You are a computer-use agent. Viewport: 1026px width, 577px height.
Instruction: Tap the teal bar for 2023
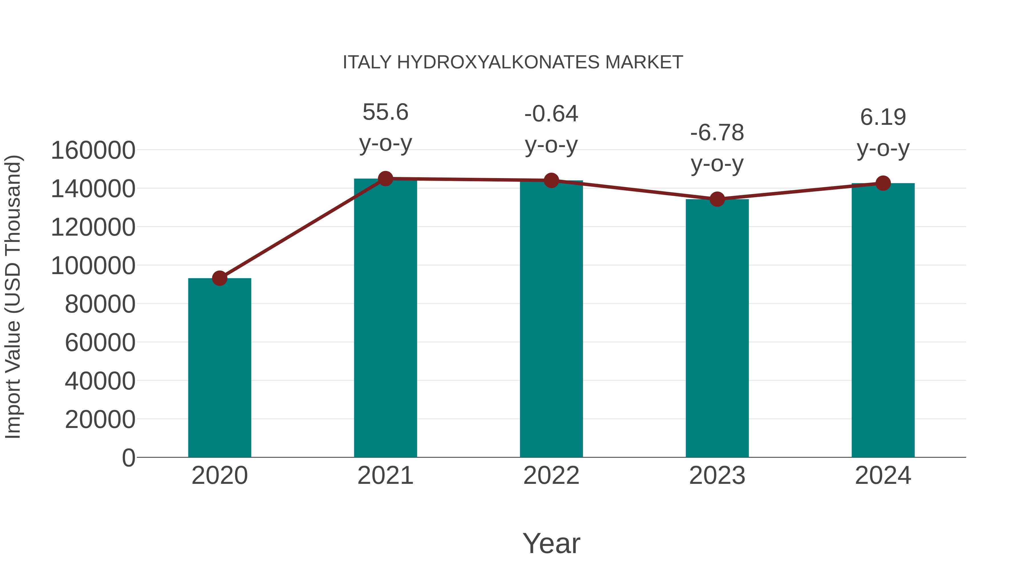tap(717, 328)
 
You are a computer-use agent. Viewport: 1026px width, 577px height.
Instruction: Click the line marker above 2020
tap(219, 278)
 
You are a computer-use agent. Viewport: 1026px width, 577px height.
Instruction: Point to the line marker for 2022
tap(551, 180)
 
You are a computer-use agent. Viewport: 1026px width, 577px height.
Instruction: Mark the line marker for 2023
tap(717, 199)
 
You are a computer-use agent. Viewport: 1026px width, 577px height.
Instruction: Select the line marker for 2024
tap(883, 183)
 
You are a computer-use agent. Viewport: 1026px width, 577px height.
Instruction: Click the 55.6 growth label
tap(385, 112)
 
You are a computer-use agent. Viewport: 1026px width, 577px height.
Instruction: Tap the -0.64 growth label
tap(551, 114)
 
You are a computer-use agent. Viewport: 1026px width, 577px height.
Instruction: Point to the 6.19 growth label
tap(883, 117)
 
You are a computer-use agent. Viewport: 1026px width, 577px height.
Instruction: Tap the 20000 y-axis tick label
tap(100, 419)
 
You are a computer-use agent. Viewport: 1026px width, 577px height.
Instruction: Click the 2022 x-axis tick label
tap(551, 476)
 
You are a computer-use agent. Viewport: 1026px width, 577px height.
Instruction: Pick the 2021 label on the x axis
tap(385, 476)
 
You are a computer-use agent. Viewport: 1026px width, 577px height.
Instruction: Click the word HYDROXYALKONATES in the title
tap(498, 62)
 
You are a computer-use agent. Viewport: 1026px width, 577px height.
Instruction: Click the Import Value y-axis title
tap(13, 297)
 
